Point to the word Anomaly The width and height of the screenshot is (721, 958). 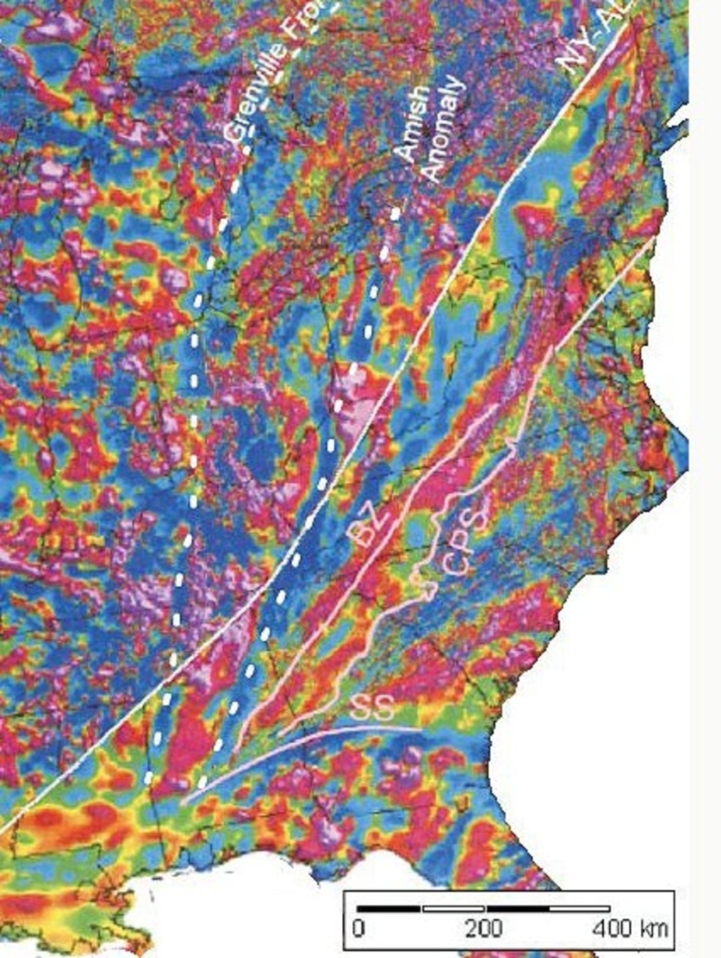point(443,130)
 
